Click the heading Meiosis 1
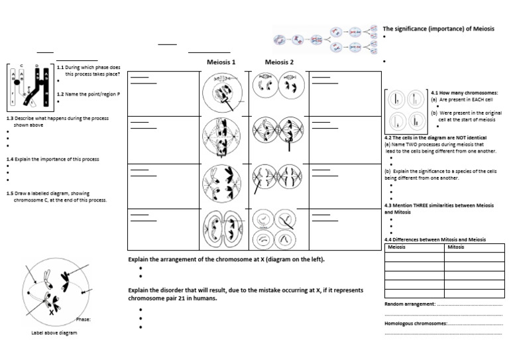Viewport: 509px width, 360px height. [221, 62]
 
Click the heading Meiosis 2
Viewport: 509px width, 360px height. [279, 62]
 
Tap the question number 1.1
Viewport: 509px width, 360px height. [60, 68]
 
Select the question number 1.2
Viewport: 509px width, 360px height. [60, 94]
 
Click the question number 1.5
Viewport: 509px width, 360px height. [10, 193]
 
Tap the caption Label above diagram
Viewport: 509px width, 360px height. [54, 333]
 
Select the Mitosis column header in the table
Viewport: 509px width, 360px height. [456, 247]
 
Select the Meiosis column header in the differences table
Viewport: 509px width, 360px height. [396, 247]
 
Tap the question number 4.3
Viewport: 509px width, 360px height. [390, 206]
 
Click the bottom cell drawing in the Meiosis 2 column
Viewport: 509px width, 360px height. [279, 229]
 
